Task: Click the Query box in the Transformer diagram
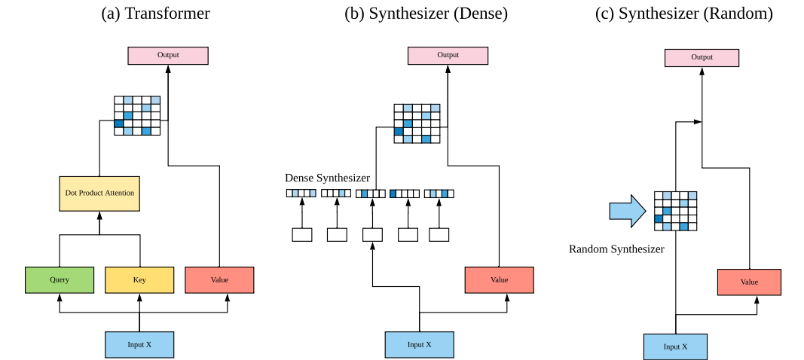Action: (x=60, y=279)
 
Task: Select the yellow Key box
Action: (x=139, y=279)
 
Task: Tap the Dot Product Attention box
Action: (x=99, y=194)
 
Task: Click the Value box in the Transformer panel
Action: (x=219, y=279)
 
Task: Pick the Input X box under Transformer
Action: (x=139, y=344)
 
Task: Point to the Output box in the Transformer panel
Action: (x=168, y=55)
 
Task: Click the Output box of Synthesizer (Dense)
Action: (x=448, y=55)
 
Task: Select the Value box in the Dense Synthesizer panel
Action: (x=500, y=280)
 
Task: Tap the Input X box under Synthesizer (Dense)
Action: (x=420, y=344)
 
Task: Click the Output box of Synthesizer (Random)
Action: (x=702, y=57)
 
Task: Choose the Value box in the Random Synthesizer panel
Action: (x=749, y=282)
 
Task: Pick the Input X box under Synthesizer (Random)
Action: (x=675, y=346)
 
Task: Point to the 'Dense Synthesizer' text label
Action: (x=327, y=178)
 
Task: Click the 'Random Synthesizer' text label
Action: (x=616, y=249)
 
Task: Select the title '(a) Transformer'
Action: (x=155, y=13)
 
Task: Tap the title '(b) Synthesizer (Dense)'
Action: (x=426, y=13)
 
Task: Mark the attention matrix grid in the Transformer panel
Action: (x=137, y=115)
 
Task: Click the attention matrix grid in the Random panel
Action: (x=675, y=211)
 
